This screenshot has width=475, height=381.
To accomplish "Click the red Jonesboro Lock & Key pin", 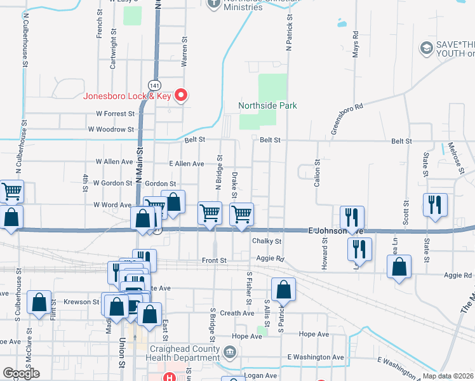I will pos(181,96).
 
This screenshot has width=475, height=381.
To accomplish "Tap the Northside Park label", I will pos(268,105).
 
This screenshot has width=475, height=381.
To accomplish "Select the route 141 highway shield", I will pos(154,84).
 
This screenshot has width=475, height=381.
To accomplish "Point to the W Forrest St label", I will pos(116,114).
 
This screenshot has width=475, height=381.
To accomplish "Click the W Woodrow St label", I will pos(111,129).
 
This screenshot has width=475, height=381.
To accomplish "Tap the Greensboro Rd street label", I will pos(346,119).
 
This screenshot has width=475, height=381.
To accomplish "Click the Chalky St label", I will pos(267,241).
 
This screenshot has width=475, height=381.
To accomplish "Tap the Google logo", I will pos(21,373).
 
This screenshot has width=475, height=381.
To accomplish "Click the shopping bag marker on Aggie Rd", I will pos(398,269).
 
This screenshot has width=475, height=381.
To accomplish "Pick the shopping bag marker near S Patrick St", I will pos(283,290).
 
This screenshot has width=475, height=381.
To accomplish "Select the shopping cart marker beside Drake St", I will pos(241,215).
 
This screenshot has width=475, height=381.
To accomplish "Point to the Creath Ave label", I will pos(237,313).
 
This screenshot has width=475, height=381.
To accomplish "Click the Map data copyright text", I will pos(447,376).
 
